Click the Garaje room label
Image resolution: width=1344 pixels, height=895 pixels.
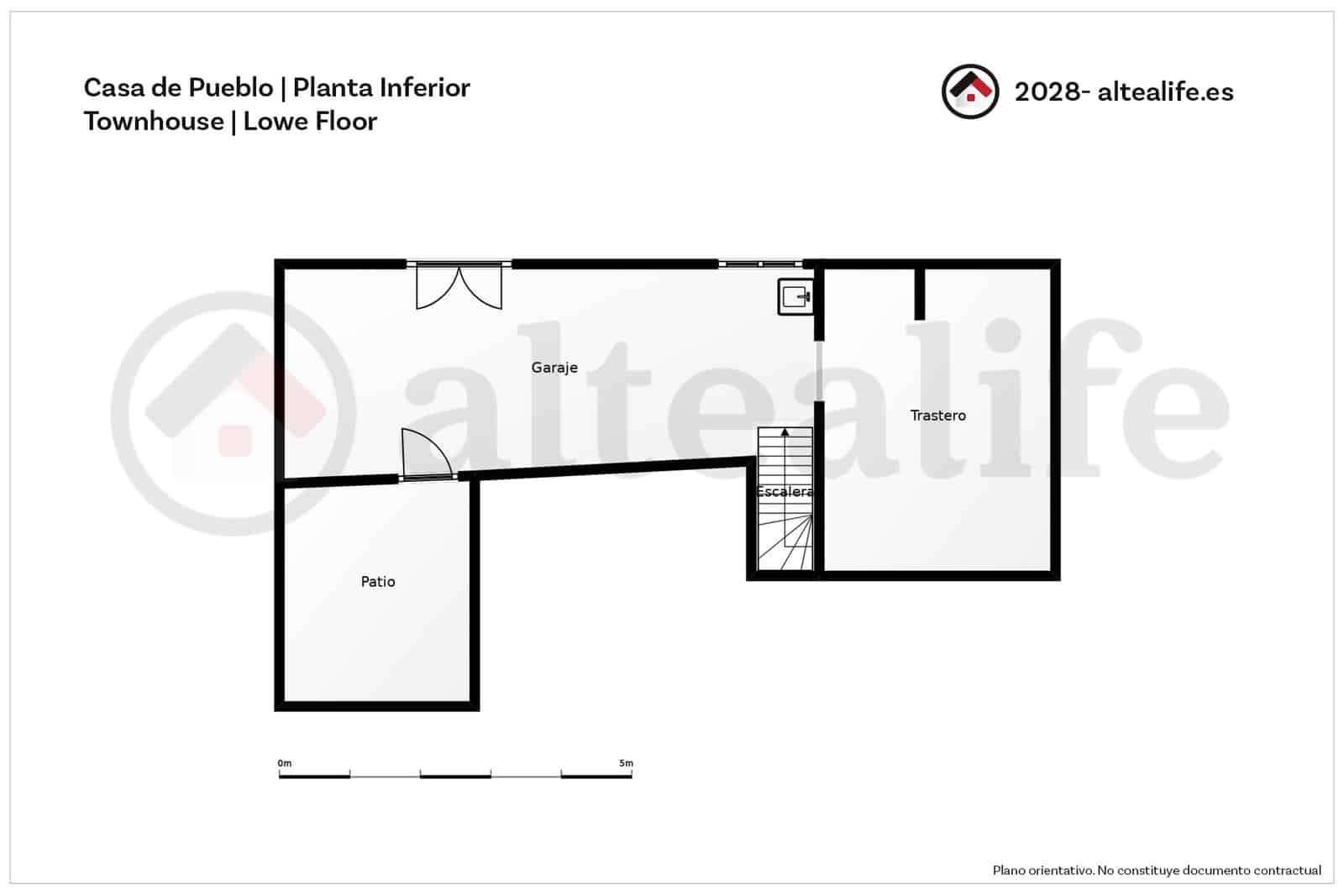coord(554,368)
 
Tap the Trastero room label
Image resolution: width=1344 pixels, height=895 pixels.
coord(937,416)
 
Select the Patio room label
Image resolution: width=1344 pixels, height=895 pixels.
coord(377,582)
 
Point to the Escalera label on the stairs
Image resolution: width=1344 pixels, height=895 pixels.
coord(784,492)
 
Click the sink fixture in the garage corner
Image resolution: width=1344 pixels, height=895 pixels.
coord(794,296)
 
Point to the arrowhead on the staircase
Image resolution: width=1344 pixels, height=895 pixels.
coord(785,433)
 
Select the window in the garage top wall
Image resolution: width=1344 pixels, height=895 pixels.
coord(759,264)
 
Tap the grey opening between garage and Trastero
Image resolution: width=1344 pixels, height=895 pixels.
coord(819,370)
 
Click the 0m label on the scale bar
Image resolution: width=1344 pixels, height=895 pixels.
coord(285,763)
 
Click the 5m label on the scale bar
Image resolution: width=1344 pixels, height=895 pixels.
coord(626,763)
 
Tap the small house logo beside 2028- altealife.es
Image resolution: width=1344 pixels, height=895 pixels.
coord(970,92)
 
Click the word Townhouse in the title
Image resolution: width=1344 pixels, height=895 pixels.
coord(153,122)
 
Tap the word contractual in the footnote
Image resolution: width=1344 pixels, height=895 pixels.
coord(1287,871)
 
